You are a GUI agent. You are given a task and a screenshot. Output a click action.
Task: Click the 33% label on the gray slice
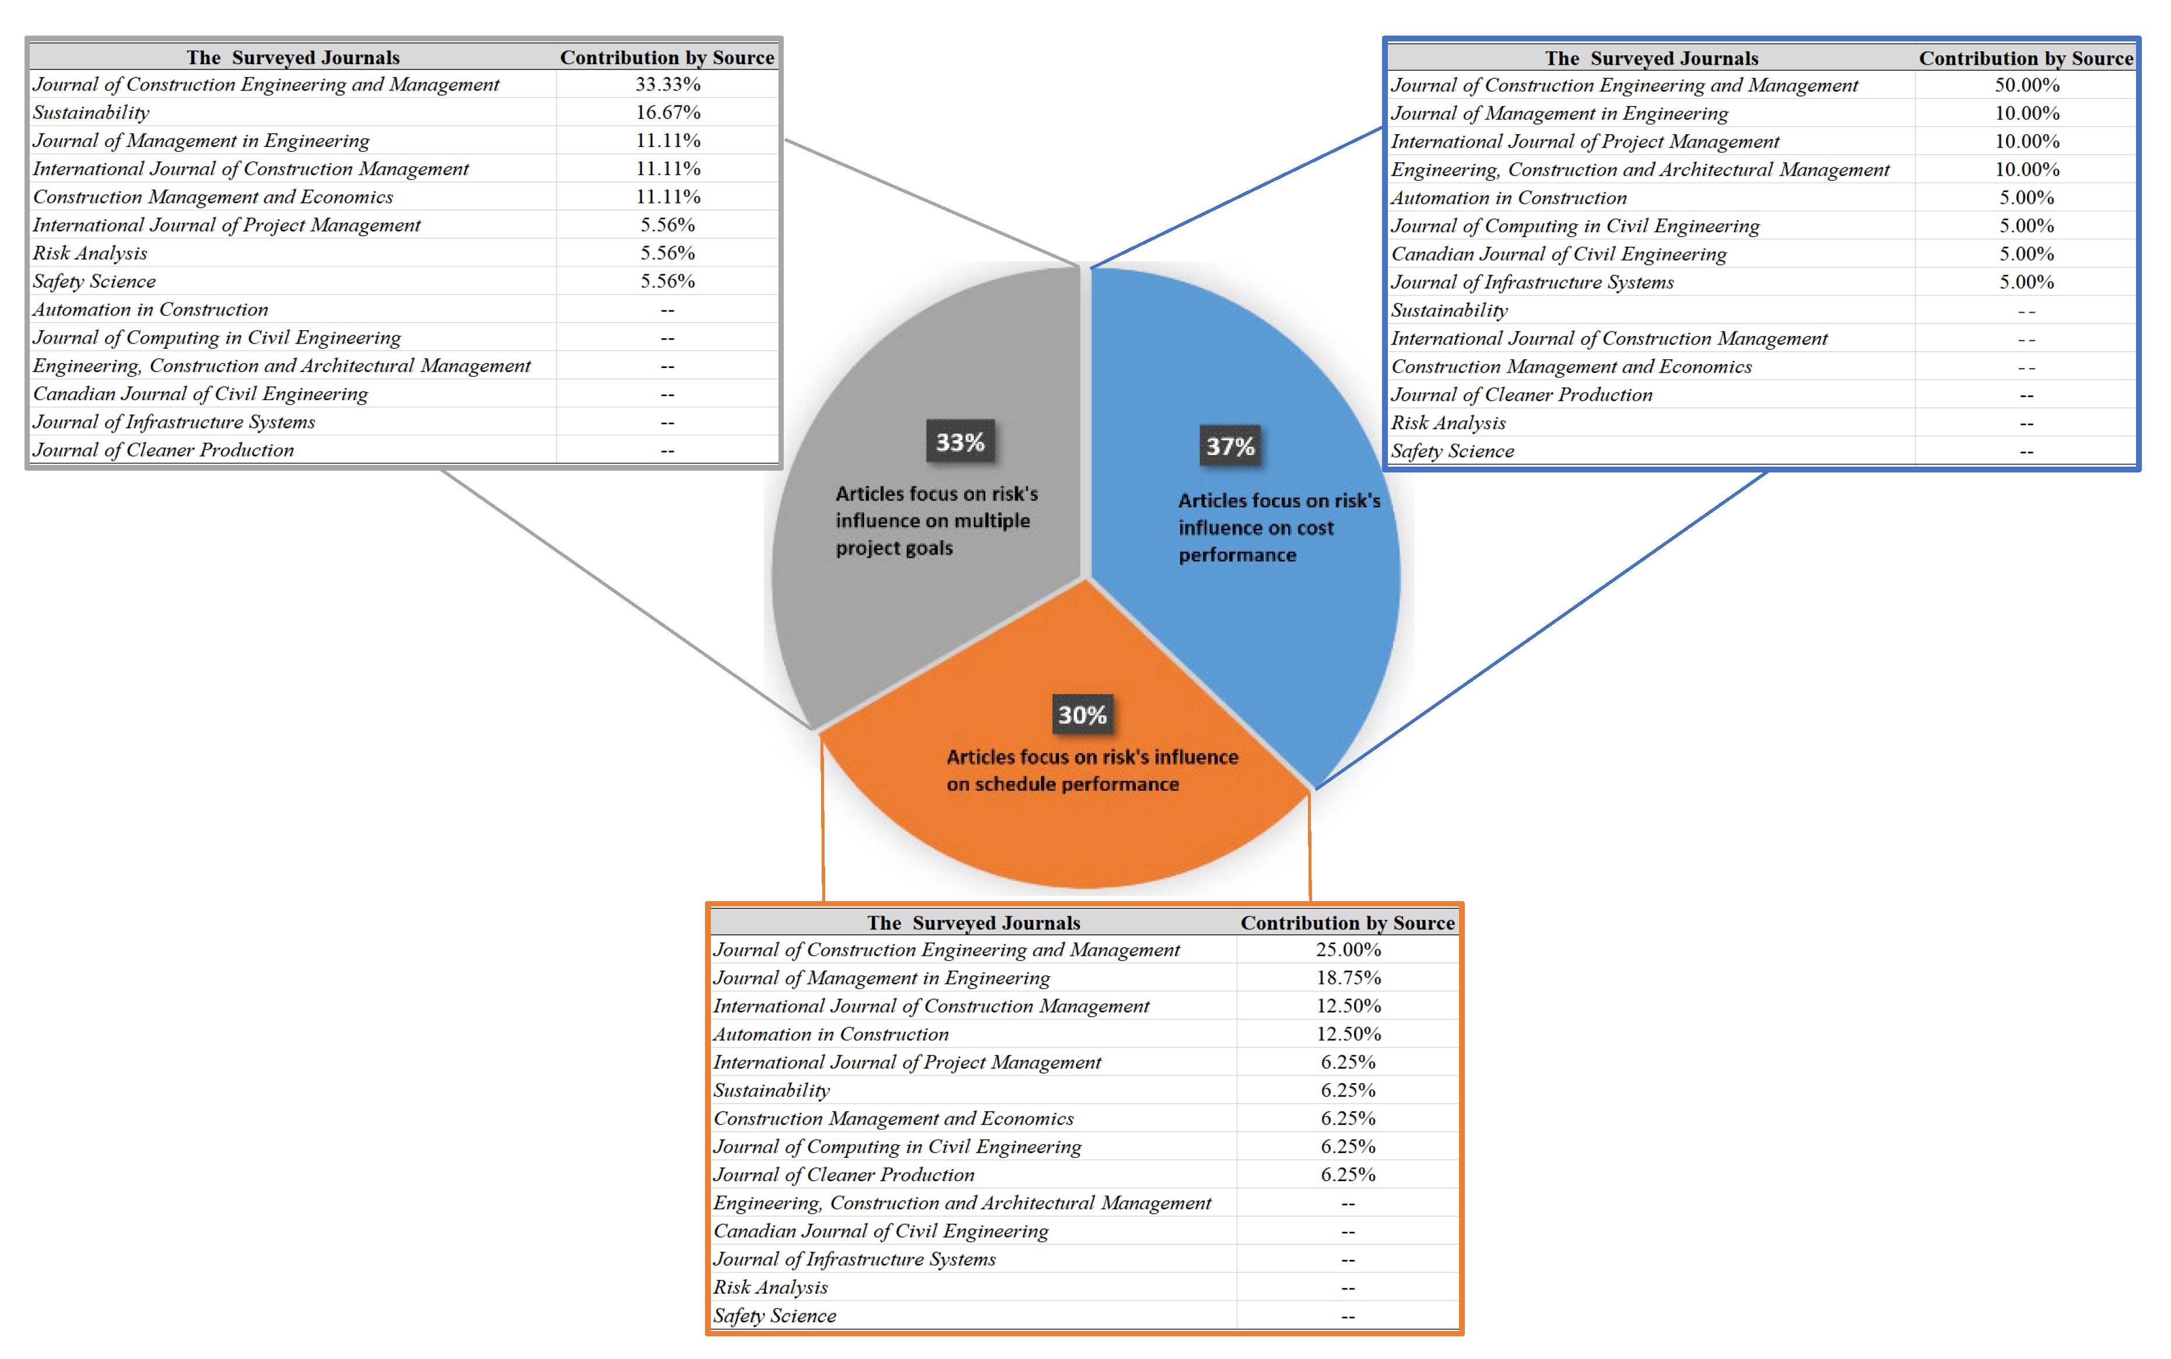(960, 442)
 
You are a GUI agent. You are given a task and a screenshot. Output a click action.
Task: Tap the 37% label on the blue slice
(1229, 447)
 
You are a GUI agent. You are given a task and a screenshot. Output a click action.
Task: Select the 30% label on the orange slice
(1082, 716)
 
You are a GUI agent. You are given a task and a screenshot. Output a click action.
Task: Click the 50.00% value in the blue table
(2026, 85)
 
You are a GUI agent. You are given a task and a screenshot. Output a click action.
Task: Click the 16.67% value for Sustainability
(668, 113)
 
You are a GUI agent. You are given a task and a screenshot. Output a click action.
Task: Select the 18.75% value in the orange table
(1348, 978)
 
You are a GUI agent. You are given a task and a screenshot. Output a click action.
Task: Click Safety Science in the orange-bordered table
(774, 1316)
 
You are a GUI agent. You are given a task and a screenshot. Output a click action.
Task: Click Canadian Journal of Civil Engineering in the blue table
(1558, 254)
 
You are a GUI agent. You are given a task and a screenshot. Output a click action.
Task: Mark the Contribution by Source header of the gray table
(667, 58)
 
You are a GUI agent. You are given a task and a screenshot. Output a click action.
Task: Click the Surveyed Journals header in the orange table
(973, 923)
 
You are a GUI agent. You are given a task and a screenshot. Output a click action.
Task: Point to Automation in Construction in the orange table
(830, 1035)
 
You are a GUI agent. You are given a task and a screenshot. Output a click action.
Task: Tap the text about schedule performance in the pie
(1092, 770)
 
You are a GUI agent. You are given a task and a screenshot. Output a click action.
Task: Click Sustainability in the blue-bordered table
(1448, 311)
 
